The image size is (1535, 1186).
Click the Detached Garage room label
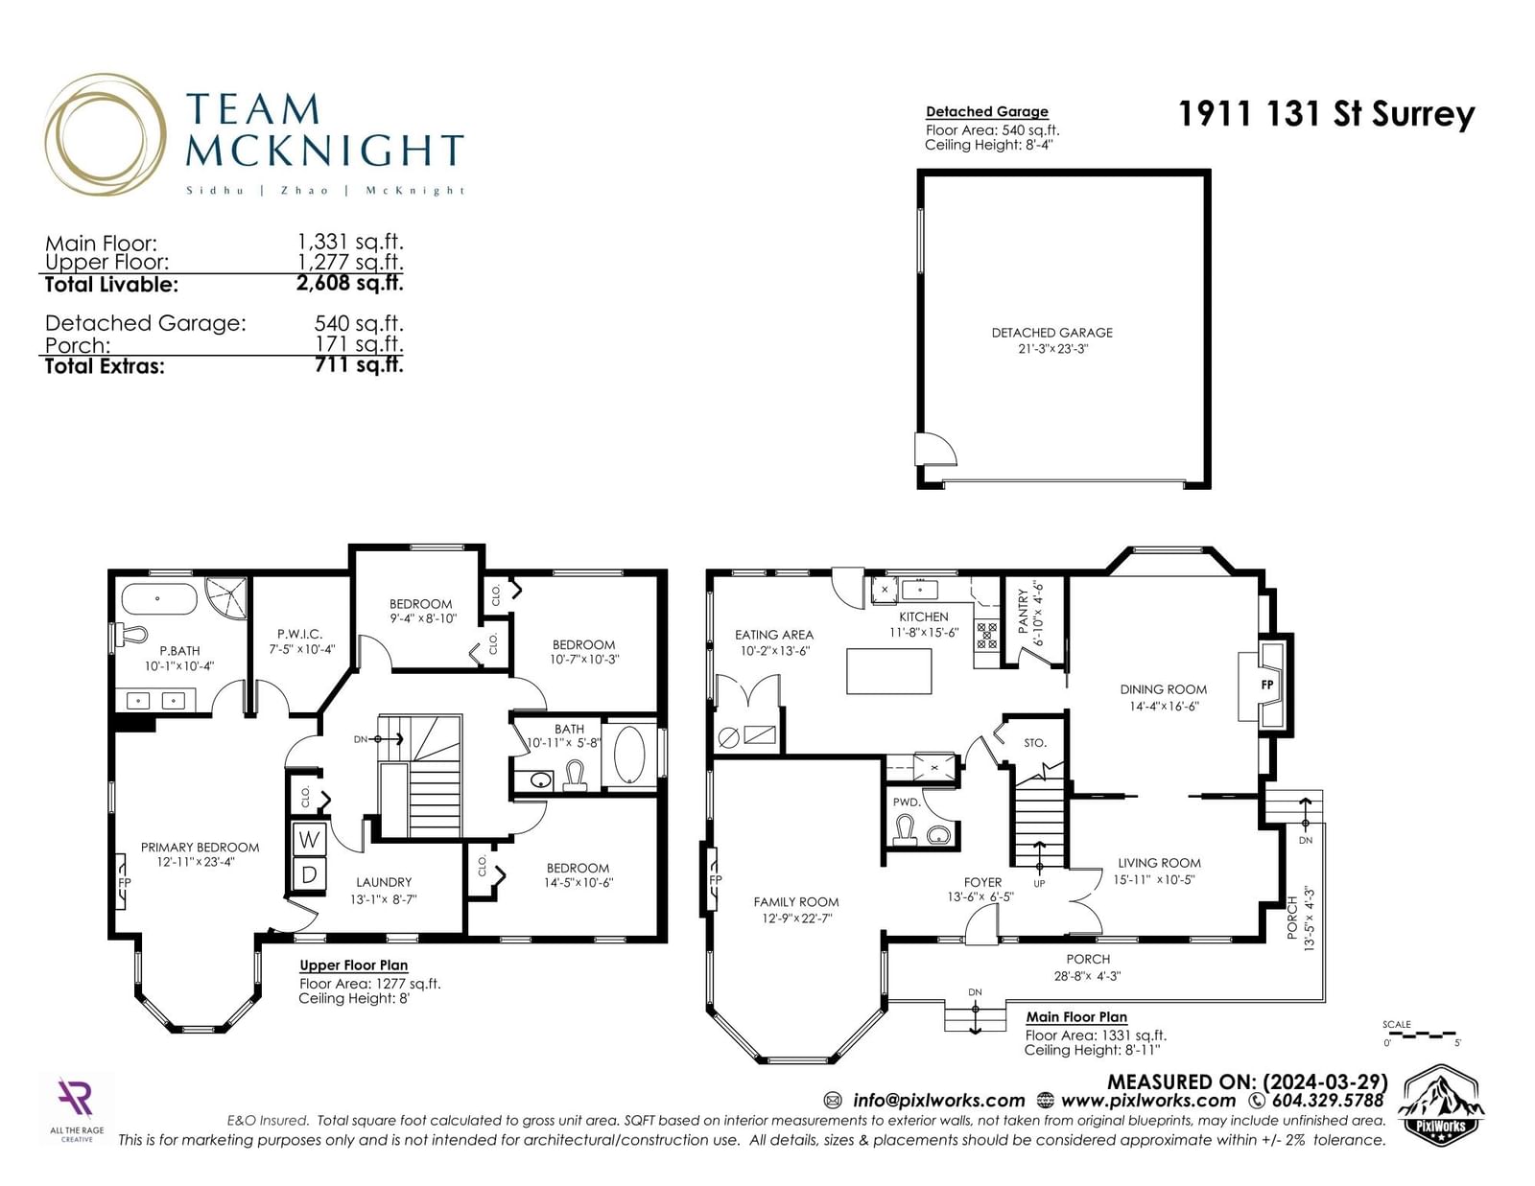1051,333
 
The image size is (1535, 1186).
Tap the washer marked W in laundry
310,839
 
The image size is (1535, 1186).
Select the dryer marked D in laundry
310,875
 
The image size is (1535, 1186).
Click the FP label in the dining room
1266,685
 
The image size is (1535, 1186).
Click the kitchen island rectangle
888,671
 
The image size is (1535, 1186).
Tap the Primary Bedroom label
200,848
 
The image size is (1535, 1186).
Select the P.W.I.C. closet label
299,634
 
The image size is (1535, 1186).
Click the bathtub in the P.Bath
159,599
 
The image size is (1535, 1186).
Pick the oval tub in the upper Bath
628,754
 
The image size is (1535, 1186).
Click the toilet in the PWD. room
904,827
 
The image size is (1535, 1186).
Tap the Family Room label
796,901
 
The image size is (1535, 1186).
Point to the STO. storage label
1035,743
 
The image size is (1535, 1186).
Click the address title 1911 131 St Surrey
1326,114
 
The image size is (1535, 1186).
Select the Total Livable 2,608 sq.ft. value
349,283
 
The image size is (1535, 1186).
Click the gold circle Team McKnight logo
106,134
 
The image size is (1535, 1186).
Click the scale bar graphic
1421,1035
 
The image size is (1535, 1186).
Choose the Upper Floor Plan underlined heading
353,965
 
